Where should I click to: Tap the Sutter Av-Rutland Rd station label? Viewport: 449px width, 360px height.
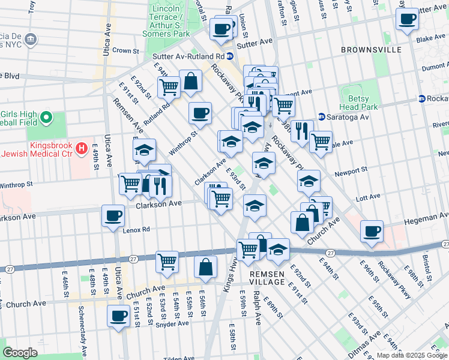click(x=187, y=55)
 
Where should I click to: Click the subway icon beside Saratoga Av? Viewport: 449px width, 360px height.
click(x=321, y=116)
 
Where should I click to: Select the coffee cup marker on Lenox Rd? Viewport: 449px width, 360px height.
click(x=112, y=216)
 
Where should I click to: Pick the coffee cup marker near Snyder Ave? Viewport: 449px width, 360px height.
click(x=118, y=316)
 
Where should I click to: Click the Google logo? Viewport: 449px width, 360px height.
click(x=20, y=352)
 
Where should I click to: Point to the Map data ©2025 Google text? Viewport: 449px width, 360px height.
click(x=411, y=355)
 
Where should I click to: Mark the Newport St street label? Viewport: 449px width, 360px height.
click(x=351, y=172)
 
